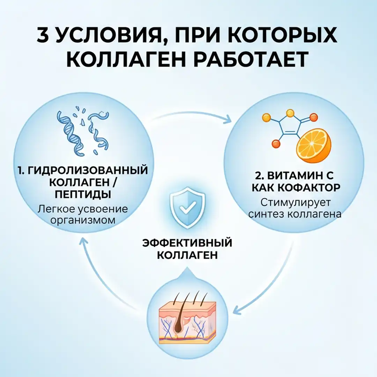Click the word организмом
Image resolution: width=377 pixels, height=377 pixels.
tap(83, 221)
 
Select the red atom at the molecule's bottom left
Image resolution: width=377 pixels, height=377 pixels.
tap(276, 143)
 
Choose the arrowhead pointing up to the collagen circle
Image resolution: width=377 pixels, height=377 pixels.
tap(83, 240)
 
